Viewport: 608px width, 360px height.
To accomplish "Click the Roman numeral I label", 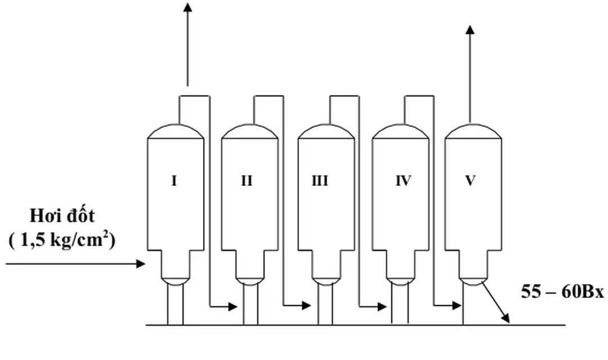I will coord(174,181).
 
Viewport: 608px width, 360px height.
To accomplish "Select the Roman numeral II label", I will coord(247,181).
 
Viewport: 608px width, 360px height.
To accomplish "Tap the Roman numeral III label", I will coord(320,181).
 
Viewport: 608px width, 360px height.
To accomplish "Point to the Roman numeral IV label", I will coord(403,181).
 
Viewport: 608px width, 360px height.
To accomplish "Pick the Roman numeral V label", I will coord(470,181).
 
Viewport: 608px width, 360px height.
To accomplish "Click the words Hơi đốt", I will coord(62,216).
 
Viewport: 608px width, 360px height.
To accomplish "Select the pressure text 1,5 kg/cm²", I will coord(62,241).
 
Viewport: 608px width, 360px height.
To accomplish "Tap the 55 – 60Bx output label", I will coord(562,292).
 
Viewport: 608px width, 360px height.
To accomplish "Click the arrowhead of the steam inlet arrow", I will coord(141,263).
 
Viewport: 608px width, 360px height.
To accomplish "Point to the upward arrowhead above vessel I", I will coord(187,8).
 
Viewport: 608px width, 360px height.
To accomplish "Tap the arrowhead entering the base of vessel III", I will coord(306,306).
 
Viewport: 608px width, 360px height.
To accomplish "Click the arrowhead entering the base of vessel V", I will coord(457,306).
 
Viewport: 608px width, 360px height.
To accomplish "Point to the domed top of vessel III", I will coord(325,131).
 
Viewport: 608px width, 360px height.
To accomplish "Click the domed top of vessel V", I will coord(472,131).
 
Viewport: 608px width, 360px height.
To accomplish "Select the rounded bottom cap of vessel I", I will coord(176,280).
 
